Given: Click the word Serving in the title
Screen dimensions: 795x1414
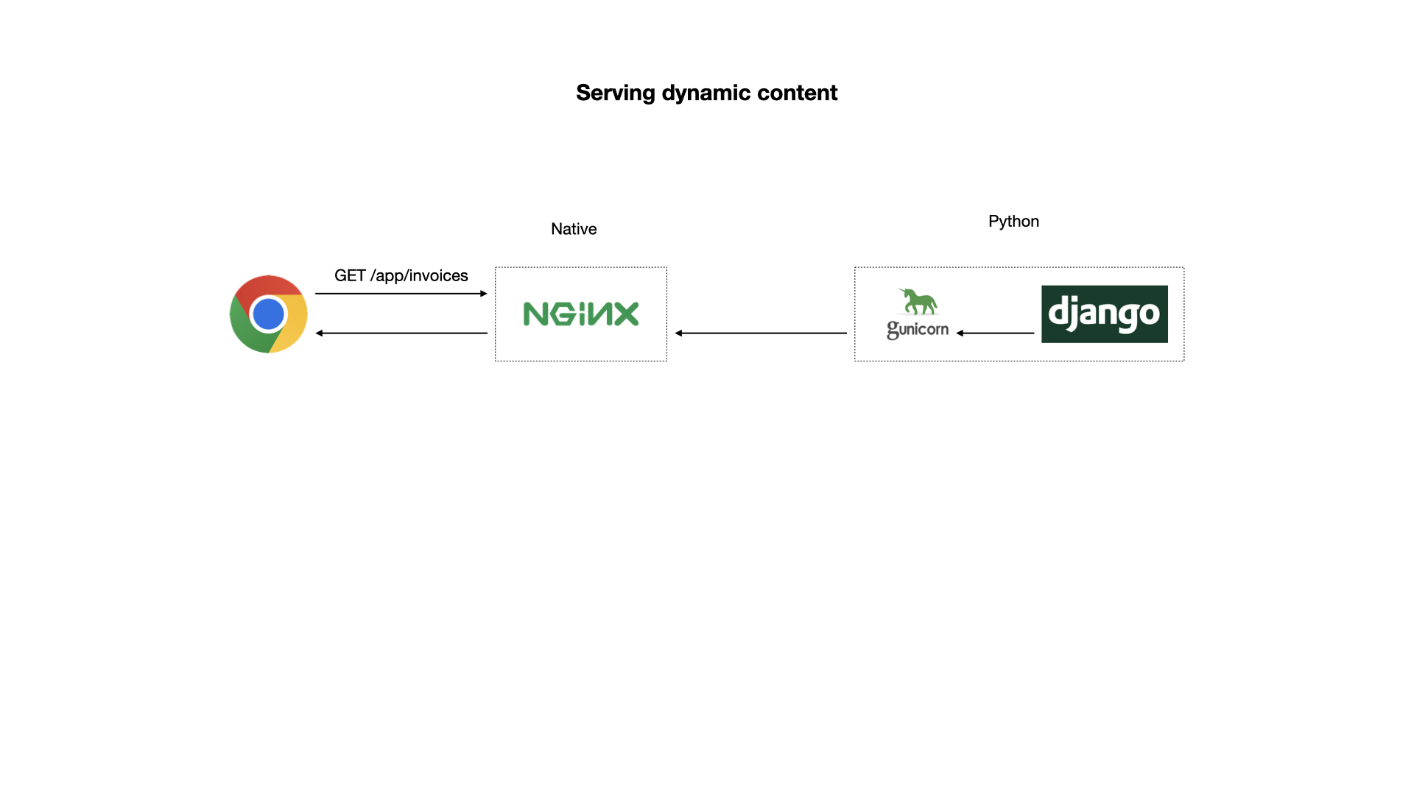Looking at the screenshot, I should click(x=615, y=93).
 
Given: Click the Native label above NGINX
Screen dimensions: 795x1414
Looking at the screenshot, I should click(x=574, y=229).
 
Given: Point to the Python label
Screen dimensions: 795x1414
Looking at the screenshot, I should click(x=1013, y=222).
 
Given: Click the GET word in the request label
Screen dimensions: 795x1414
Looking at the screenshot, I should click(x=350, y=275).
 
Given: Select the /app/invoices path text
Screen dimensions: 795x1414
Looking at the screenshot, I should click(x=419, y=275).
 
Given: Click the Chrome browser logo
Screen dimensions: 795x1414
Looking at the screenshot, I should click(x=268, y=314).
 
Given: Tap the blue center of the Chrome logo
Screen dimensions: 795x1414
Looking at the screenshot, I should click(x=268, y=314).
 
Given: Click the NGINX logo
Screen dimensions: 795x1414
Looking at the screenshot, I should click(x=580, y=314).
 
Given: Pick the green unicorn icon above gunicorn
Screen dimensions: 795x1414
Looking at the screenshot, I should click(x=918, y=301).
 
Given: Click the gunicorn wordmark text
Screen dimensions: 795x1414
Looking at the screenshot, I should click(x=918, y=329).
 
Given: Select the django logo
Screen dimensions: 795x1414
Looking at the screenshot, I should click(x=1104, y=314).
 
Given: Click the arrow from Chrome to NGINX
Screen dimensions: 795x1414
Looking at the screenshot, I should click(x=401, y=294).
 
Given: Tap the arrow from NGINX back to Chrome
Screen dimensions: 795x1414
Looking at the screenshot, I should click(x=401, y=333).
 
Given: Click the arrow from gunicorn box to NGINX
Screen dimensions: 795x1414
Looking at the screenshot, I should click(x=761, y=333).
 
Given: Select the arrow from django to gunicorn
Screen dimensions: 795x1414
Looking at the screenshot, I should click(x=995, y=333).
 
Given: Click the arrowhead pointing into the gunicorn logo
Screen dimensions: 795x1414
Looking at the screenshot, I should click(x=960, y=333).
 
